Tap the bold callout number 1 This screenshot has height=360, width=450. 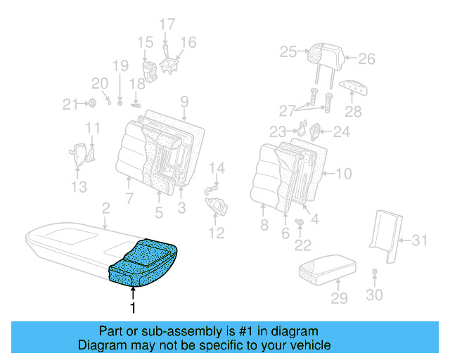coord(131,307)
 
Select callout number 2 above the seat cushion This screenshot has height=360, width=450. coord(105,208)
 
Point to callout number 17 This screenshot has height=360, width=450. coord(167,25)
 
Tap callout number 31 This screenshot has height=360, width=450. coord(419,240)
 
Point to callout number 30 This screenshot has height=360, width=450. coord(374,295)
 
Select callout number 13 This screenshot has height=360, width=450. coord(79,186)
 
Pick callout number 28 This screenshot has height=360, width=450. coord(352,112)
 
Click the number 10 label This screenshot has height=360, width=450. coord(344,174)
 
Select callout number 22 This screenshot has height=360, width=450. coord(302,245)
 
